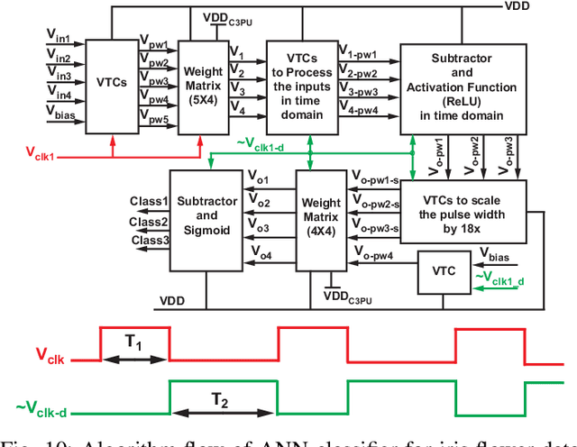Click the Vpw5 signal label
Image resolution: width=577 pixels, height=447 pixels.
(153, 117)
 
